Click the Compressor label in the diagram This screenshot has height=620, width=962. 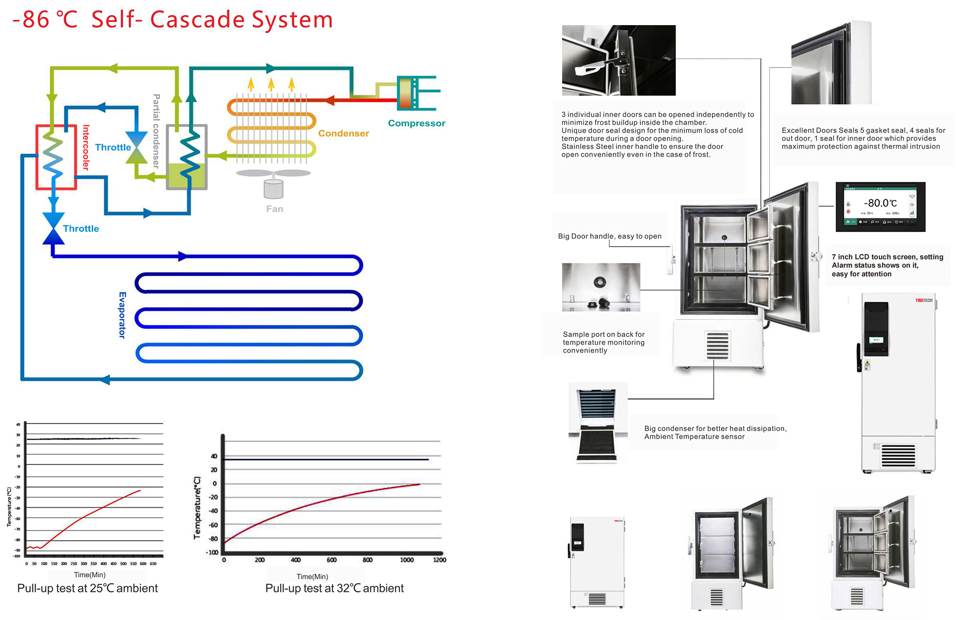416,123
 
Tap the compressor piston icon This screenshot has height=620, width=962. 405,93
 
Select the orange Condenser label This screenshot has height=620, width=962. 343,133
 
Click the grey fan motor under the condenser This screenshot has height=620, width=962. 274,189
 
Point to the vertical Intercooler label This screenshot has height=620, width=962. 86,148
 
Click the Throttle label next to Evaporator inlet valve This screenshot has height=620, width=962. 81,229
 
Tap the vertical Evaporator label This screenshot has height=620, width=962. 122,315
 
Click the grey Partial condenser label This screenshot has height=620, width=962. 156,131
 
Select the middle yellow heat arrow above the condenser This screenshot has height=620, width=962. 271,84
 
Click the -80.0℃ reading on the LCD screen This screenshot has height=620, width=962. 880,203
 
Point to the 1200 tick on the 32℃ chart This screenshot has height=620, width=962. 439,560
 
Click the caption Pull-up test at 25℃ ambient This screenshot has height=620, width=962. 87,588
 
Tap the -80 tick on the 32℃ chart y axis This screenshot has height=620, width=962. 213,539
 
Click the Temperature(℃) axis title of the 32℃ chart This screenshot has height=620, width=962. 197,508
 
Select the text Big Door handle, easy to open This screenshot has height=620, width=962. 609,236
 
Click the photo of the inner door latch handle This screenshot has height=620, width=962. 618,60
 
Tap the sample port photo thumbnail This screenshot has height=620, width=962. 601,287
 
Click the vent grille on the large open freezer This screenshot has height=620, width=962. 717,346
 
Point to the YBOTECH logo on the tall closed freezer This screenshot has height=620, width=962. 923,300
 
